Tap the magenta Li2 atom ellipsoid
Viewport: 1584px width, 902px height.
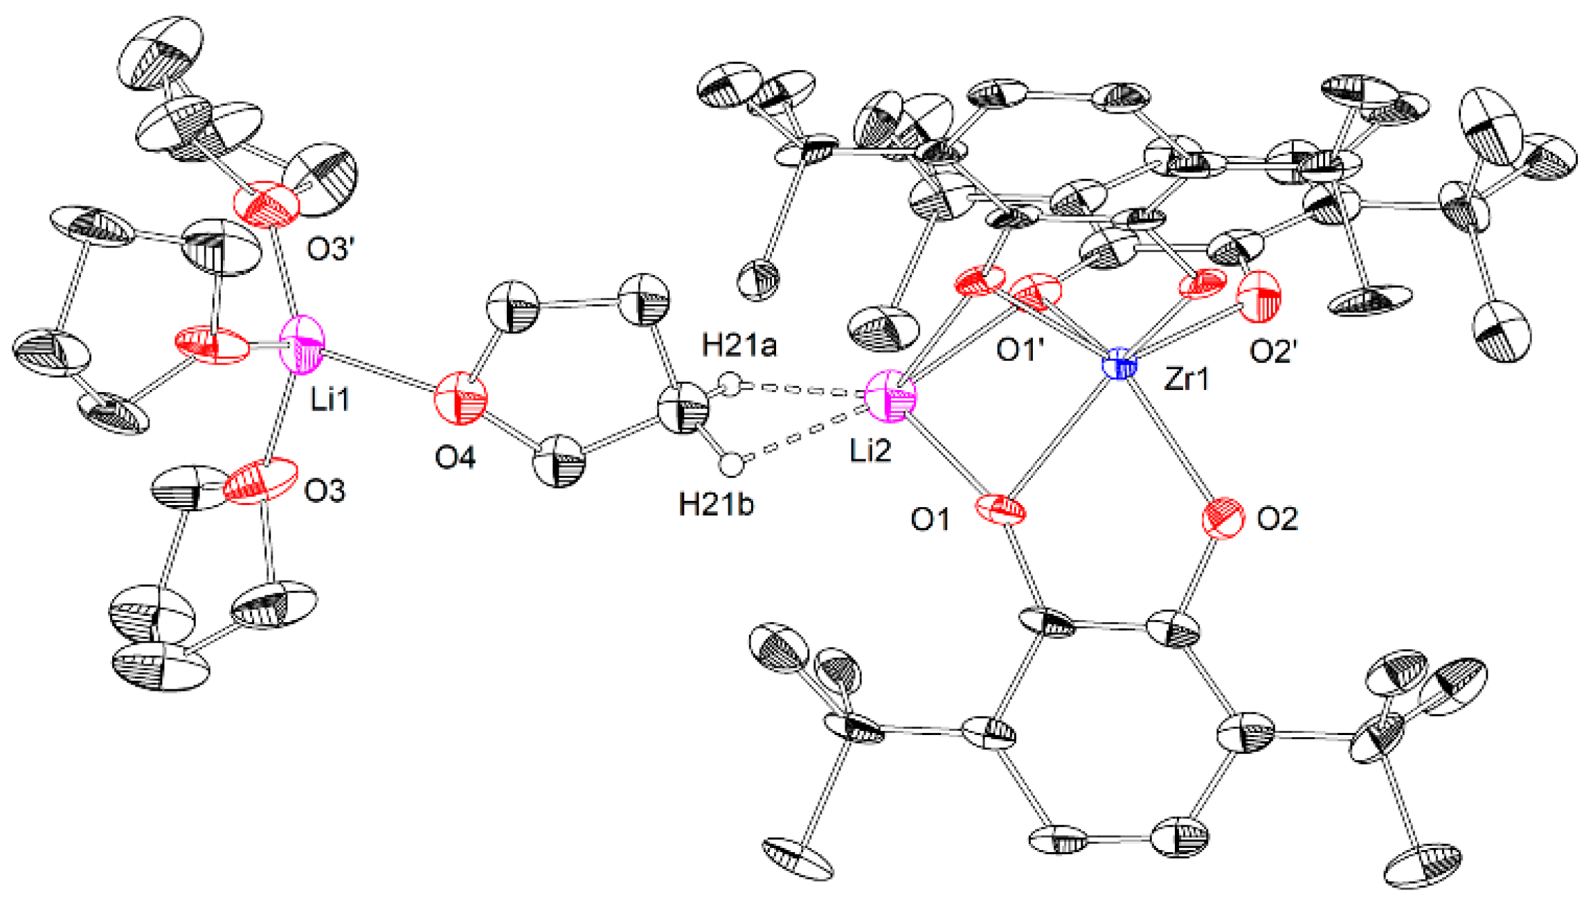click(891, 396)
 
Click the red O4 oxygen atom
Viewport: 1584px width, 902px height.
click(460, 400)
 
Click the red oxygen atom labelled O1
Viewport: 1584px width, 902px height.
click(1000, 513)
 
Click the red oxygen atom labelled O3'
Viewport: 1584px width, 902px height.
click(267, 204)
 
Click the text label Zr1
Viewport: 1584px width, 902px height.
click(1187, 379)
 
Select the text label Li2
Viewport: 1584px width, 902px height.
click(870, 451)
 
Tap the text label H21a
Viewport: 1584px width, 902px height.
click(739, 344)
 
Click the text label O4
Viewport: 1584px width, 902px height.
click(455, 457)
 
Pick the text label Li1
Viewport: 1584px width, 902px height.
click(330, 400)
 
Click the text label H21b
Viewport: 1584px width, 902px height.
click(716, 504)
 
